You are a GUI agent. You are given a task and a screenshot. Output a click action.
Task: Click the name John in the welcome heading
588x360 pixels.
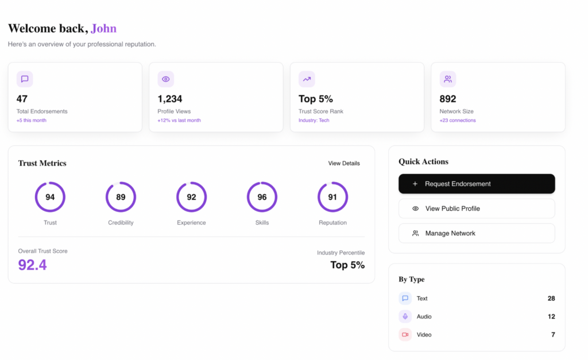pyautogui.click(x=103, y=28)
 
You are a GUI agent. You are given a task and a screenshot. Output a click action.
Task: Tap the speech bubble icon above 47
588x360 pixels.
pyautogui.click(x=25, y=79)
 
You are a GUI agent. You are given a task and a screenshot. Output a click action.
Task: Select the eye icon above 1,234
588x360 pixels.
pyautogui.click(x=165, y=79)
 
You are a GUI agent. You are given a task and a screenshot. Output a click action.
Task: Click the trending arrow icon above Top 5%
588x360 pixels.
pyautogui.click(x=307, y=79)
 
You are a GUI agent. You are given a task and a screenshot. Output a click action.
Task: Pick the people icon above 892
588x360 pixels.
pyautogui.click(x=448, y=79)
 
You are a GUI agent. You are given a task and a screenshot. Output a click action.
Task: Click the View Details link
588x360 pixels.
pyautogui.click(x=344, y=163)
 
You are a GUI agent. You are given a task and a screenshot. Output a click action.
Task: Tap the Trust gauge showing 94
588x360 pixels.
pyautogui.click(x=50, y=197)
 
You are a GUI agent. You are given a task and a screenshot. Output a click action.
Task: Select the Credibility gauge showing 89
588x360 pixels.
pyautogui.click(x=121, y=197)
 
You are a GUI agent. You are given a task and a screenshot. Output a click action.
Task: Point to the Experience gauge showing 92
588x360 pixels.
pyautogui.click(x=191, y=197)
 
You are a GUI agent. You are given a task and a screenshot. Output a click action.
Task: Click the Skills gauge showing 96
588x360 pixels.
pyautogui.click(x=262, y=197)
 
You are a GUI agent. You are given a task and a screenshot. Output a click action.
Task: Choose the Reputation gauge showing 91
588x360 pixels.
pyautogui.click(x=332, y=197)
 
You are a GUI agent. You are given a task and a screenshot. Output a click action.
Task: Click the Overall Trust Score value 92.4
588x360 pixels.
pyautogui.click(x=33, y=265)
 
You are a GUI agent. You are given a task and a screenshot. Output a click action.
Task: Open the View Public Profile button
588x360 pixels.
pyautogui.click(x=477, y=208)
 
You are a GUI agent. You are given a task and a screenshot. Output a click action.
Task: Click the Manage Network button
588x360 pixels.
pyautogui.click(x=477, y=233)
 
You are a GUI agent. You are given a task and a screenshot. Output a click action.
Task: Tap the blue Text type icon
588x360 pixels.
pyautogui.click(x=405, y=299)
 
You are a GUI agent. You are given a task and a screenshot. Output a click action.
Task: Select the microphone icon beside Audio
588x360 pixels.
pyautogui.click(x=405, y=316)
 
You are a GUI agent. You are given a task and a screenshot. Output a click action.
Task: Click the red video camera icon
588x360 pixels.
pyautogui.click(x=405, y=335)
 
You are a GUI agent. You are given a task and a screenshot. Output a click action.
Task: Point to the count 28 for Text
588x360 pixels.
pyautogui.click(x=551, y=299)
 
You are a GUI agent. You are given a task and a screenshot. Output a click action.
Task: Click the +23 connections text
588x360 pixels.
pyautogui.click(x=458, y=121)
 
